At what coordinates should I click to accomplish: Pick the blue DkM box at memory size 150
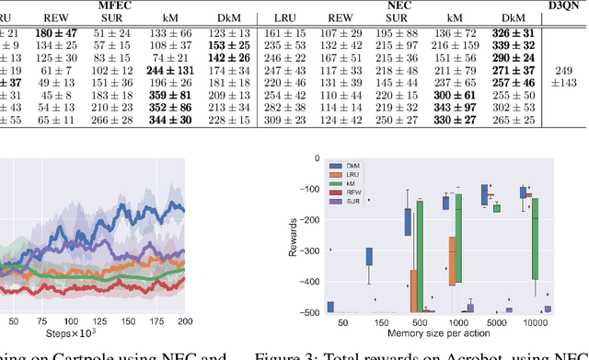click(369, 257)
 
